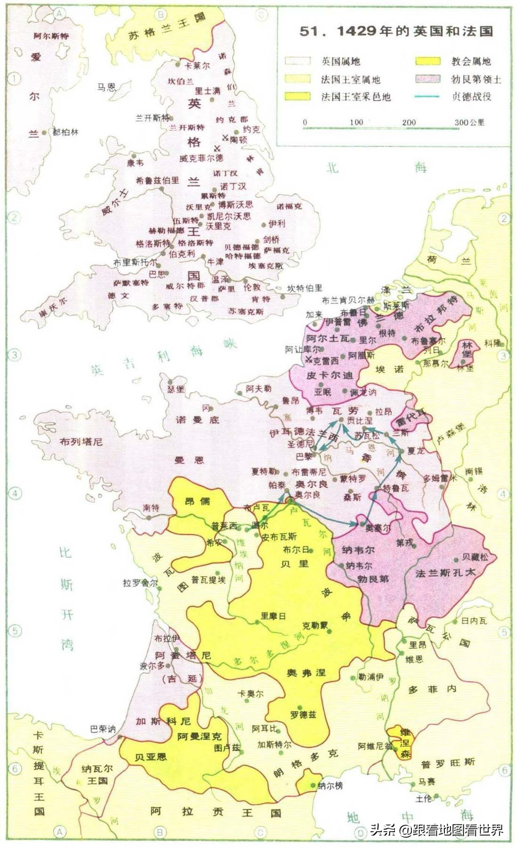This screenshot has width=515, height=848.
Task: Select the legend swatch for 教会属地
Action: click(x=427, y=61)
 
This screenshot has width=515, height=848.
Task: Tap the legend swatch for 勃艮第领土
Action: click(x=427, y=79)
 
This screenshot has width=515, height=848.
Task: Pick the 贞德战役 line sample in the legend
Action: click(x=427, y=97)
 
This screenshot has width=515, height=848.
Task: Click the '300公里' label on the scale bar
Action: click(x=469, y=122)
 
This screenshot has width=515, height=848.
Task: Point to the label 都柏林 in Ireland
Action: click(x=65, y=133)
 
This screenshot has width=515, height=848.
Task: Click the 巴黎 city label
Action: click(x=304, y=457)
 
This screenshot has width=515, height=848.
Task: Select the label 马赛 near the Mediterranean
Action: click(x=426, y=782)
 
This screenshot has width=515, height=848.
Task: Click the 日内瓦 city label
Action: click(x=474, y=621)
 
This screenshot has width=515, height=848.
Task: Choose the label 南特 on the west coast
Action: click(x=151, y=508)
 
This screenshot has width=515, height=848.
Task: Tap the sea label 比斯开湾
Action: click(x=66, y=598)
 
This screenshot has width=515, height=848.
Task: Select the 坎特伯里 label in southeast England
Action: click(x=305, y=288)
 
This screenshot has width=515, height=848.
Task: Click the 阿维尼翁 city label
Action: click(x=375, y=746)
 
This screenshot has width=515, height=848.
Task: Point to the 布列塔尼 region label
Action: click(x=81, y=442)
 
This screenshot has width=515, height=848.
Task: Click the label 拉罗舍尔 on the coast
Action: click(x=140, y=583)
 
